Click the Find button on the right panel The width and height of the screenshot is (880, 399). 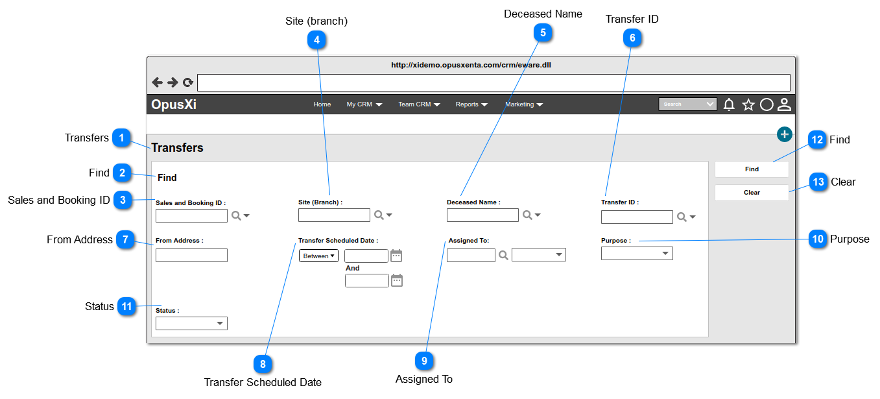pos(752,169)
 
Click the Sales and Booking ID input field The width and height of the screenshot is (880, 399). pos(191,215)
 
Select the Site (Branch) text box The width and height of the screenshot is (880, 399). pos(334,215)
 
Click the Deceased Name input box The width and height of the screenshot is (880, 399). pos(482,215)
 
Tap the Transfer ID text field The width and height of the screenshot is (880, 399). pos(637,217)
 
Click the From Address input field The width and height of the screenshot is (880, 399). pos(191,255)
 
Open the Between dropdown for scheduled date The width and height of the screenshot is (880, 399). pos(318,256)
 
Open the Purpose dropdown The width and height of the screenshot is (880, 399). pos(637,253)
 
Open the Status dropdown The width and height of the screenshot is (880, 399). pos(191,323)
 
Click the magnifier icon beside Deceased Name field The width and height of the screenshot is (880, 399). pos(528,215)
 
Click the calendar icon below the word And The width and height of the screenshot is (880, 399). pos(397,280)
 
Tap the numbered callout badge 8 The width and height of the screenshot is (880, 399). pos(263,364)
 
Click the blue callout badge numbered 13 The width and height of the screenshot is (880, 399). pos(818,182)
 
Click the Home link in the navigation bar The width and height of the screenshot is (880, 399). pos(322,104)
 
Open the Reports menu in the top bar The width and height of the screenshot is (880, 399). pos(471,104)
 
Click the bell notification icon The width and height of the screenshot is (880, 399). pos(729,104)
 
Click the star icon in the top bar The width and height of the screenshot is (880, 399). pos(748,104)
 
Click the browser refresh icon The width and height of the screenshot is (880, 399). pos(188,82)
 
